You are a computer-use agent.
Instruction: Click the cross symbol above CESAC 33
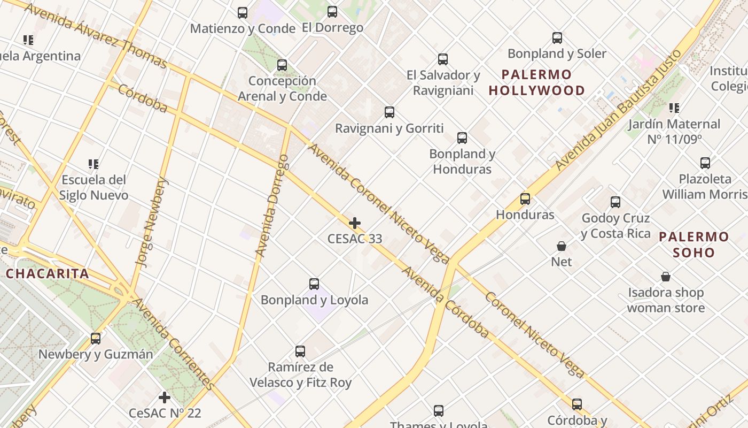[x=354, y=223]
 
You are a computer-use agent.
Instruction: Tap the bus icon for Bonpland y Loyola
[x=314, y=284]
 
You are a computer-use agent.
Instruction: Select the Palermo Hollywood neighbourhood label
[x=536, y=82]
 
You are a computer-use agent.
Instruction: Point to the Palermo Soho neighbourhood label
[x=694, y=244]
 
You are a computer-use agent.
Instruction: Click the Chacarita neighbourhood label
[x=47, y=274]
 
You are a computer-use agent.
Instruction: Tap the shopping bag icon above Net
[x=562, y=246]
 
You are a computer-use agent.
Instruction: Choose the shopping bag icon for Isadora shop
[x=666, y=277]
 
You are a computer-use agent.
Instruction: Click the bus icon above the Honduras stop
[x=525, y=199]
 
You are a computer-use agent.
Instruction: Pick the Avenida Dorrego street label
[x=272, y=205]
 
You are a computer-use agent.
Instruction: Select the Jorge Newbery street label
[x=152, y=223]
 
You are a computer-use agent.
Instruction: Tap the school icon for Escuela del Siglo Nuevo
[x=93, y=164]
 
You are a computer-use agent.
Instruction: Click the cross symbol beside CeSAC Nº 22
[x=165, y=398]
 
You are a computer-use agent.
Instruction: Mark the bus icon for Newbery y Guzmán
[x=96, y=338]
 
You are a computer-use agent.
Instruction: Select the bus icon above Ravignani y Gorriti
[x=389, y=112]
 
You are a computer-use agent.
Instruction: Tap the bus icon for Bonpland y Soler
[x=557, y=38]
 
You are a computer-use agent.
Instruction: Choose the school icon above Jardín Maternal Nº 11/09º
[x=674, y=108]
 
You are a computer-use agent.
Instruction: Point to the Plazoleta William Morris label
[x=705, y=186]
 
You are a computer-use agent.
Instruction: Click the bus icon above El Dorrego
[x=332, y=12]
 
